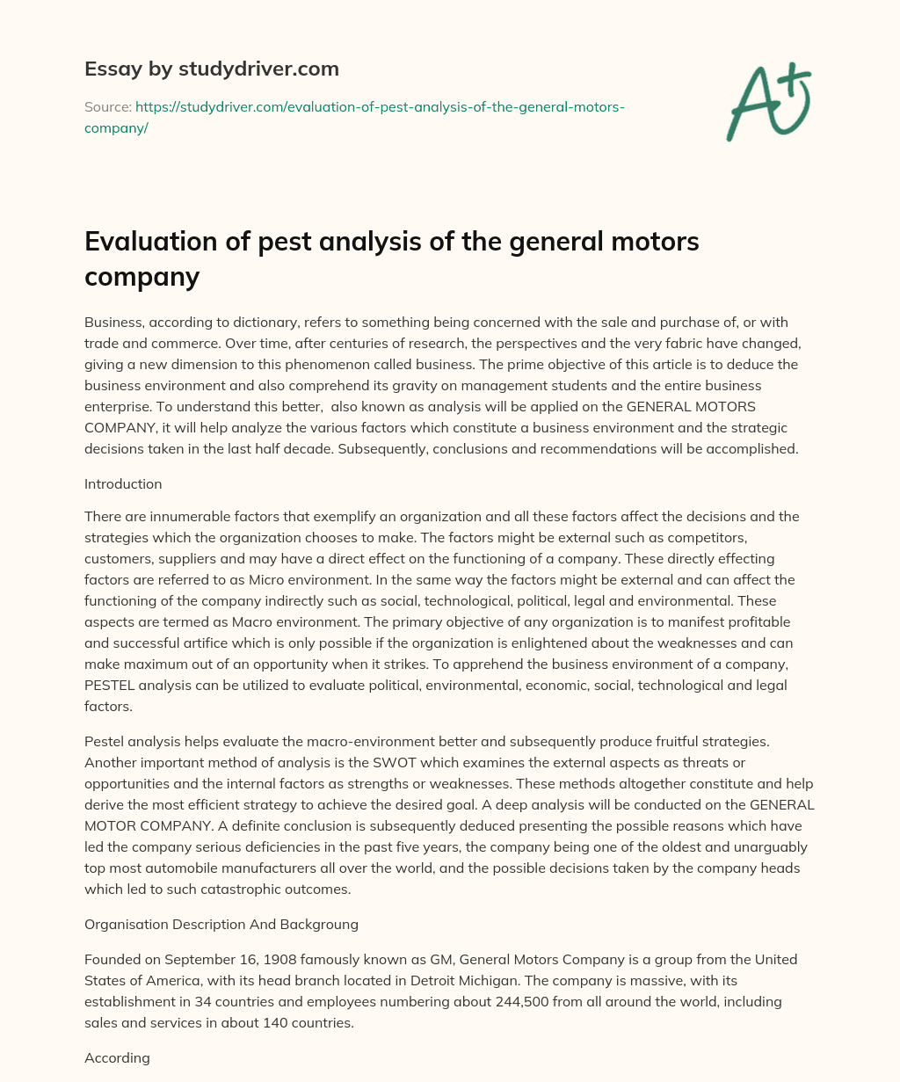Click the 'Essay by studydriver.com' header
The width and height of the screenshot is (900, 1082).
point(211,69)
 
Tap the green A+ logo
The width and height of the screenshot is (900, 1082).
point(768,102)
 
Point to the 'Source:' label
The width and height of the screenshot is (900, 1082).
point(107,106)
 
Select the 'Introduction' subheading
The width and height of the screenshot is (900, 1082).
point(123,483)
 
